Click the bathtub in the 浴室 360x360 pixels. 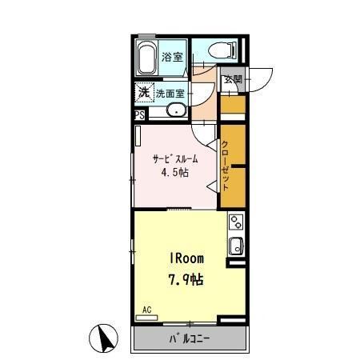point(146,58)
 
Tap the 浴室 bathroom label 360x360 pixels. point(172,57)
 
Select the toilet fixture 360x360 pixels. point(222,50)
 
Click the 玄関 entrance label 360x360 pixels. point(233,79)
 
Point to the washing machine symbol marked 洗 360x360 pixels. point(144,92)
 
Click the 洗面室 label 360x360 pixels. point(170,94)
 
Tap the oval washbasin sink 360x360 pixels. point(177,110)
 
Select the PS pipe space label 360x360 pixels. point(139,115)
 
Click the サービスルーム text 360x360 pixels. point(175,159)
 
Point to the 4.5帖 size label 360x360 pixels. point(175,173)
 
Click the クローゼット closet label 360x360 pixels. point(225,166)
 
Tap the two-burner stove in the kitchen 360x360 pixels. point(236,222)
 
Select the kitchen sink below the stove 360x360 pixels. point(236,246)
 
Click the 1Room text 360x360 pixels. point(187,258)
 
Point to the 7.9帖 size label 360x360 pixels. point(186,280)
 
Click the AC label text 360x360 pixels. point(147,310)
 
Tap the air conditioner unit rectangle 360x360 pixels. point(146,318)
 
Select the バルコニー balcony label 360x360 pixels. point(190,338)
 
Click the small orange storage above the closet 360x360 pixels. point(233,104)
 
